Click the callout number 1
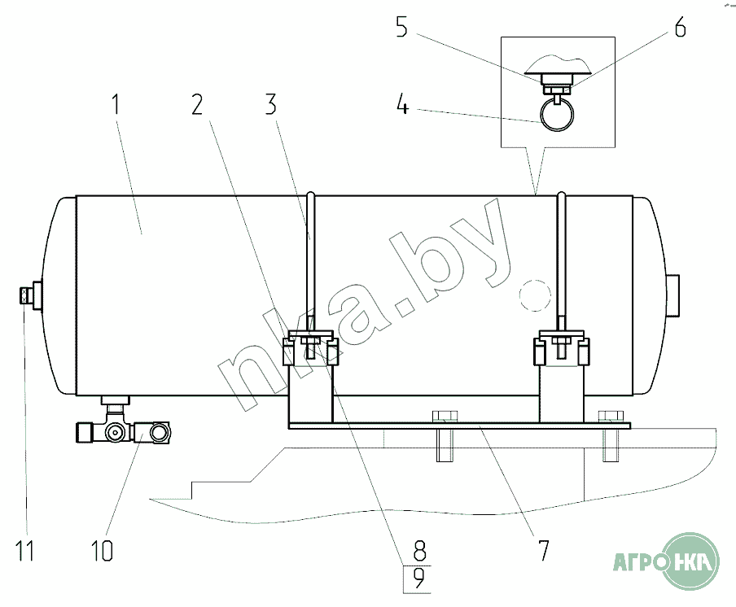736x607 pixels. click(x=116, y=104)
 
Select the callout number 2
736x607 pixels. click(x=198, y=104)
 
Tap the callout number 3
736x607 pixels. click(x=271, y=104)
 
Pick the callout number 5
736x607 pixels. click(x=402, y=27)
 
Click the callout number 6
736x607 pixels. click(x=680, y=27)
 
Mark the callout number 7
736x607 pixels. click(x=543, y=550)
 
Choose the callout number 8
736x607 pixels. click(x=419, y=550)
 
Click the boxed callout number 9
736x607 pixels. click(x=419, y=579)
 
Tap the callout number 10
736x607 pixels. click(x=103, y=550)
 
